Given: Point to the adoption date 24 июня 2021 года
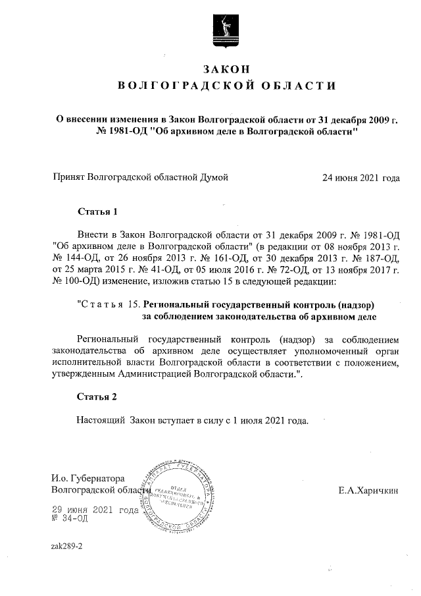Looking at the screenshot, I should click(x=360, y=178).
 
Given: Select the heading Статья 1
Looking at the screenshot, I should click(x=97, y=212).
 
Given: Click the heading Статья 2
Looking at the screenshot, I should click(x=97, y=397).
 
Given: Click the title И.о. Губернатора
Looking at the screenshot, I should click(x=88, y=478).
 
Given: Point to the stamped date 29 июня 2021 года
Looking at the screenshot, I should click(x=95, y=510).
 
